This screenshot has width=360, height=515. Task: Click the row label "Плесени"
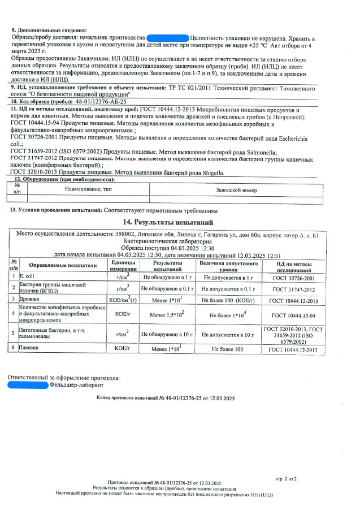pos(29,349)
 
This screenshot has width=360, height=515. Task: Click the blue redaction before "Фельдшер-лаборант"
pos(28,385)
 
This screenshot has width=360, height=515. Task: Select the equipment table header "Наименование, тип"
pos(88,191)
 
